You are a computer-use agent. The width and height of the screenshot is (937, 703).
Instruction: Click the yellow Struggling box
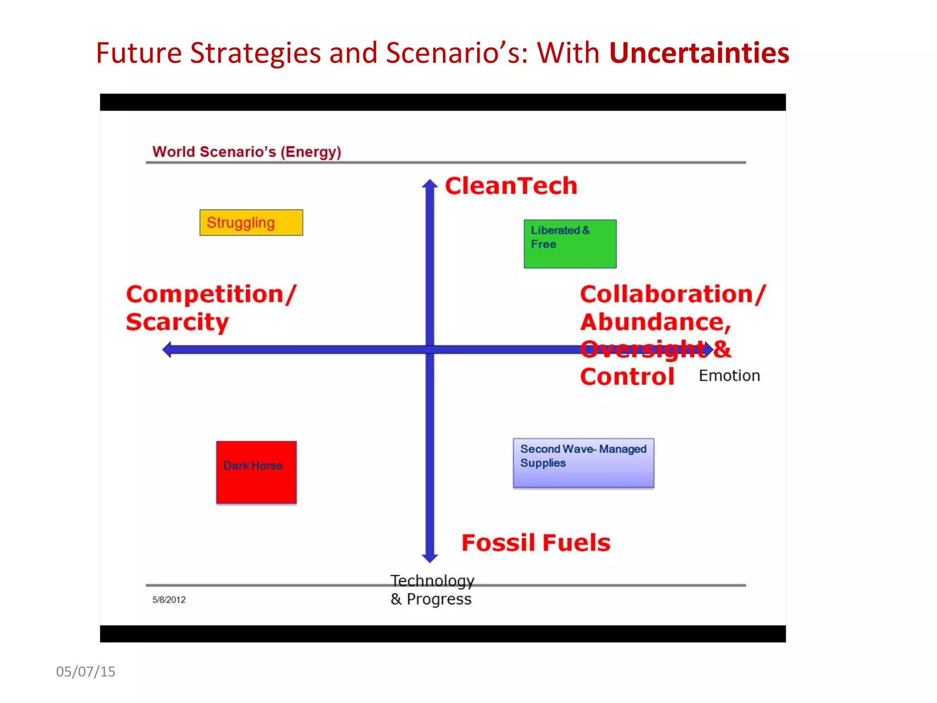click(x=251, y=222)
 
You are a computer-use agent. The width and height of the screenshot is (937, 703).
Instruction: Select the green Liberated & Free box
click(x=570, y=244)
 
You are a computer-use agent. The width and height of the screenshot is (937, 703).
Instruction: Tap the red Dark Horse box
click(x=256, y=472)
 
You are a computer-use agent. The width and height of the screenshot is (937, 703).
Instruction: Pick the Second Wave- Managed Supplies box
click(x=583, y=463)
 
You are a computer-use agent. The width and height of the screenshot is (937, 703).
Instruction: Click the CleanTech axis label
click(x=511, y=186)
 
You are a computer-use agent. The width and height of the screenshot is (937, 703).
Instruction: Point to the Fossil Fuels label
click(x=536, y=543)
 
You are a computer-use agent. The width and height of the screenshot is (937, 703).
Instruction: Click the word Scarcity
click(x=177, y=322)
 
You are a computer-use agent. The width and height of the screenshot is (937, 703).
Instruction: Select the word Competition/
click(x=211, y=294)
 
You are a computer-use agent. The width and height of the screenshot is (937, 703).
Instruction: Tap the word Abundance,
click(x=656, y=322)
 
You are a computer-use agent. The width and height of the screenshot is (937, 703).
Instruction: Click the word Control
click(x=627, y=377)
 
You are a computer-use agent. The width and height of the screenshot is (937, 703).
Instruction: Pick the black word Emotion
click(x=729, y=376)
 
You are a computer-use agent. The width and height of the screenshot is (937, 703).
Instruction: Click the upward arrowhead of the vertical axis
click(x=430, y=184)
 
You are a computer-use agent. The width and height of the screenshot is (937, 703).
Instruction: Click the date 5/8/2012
click(x=169, y=600)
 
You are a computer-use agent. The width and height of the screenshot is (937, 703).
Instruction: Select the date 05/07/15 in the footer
click(x=86, y=671)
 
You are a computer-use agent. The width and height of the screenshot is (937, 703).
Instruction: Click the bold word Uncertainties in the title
click(x=699, y=53)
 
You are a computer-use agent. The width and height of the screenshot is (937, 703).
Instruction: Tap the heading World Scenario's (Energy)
click(x=247, y=151)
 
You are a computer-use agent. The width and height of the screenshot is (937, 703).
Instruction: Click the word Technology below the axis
click(x=432, y=580)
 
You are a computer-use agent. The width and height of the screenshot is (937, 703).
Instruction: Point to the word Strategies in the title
click(x=255, y=53)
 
